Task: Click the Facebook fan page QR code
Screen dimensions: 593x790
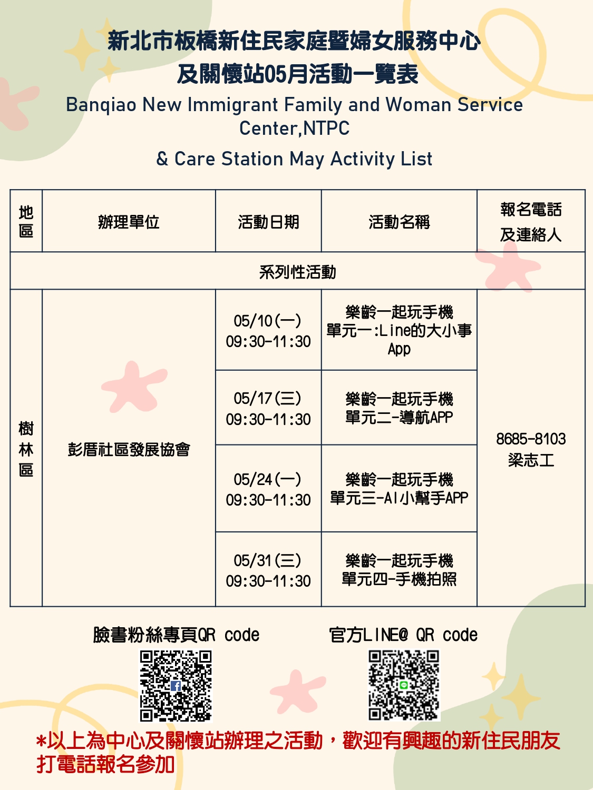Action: (176, 686)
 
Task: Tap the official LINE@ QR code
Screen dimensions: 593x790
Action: (404, 685)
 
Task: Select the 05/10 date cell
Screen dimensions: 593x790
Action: (268, 331)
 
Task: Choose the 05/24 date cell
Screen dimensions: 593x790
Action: (268, 489)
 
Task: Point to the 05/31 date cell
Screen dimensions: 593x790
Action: (268, 570)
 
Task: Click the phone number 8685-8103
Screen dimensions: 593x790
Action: (531, 439)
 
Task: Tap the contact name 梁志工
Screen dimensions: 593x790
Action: (531, 460)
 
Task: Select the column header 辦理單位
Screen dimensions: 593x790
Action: (129, 222)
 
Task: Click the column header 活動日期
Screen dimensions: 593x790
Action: (268, 222)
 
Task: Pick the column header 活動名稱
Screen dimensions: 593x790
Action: (399, 222)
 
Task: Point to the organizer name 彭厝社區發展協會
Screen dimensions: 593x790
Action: (129, 450)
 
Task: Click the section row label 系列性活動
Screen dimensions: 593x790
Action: (297, 272)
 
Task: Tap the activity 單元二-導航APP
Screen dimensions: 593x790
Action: (399, 418)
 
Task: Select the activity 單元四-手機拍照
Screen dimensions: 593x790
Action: (399, 579)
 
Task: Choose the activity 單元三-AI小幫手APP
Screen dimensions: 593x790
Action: (399, 498)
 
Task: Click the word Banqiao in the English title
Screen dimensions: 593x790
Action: (101, 105)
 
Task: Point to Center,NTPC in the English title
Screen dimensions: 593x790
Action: (295, 128)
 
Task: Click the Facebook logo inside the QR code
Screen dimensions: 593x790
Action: (176, 686)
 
